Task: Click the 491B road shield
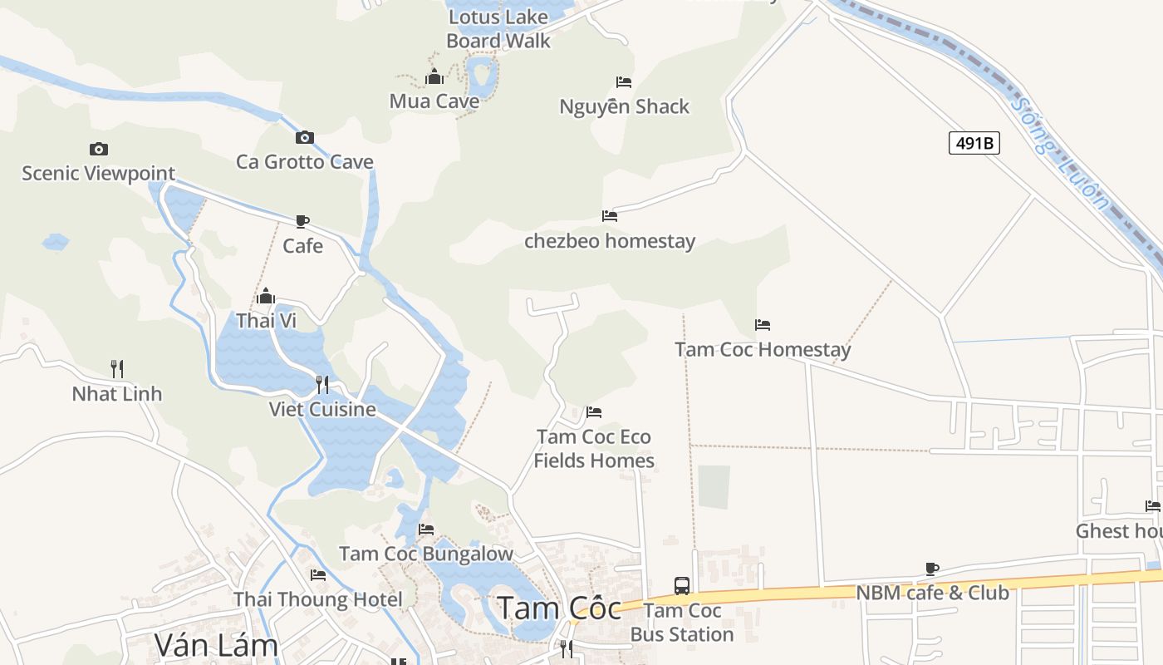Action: click(974, 143)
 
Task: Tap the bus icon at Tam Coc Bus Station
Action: click(682, 585)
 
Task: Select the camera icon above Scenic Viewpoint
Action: click(99, 150)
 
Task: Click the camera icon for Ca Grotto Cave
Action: click(305, 137)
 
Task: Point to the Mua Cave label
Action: click(434, 101)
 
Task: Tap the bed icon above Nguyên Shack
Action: click(624, 82)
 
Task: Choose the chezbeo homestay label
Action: click(610, 242)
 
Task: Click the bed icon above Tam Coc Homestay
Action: click(763, 325)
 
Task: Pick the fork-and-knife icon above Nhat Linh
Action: click(117, 368)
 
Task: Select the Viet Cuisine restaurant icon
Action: click(322, 385)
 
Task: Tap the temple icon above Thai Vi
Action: click(266, 296)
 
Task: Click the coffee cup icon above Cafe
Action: click(302, 221)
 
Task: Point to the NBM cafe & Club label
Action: click(932, 593)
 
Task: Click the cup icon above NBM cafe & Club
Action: click(932, 569)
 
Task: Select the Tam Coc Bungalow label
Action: click(426, 554)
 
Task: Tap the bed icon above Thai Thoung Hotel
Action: click(318, 575)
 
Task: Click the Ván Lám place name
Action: click(216, 644)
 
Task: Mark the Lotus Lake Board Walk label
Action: click(498, 29)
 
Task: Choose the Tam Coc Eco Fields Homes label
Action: click(594, 449)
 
